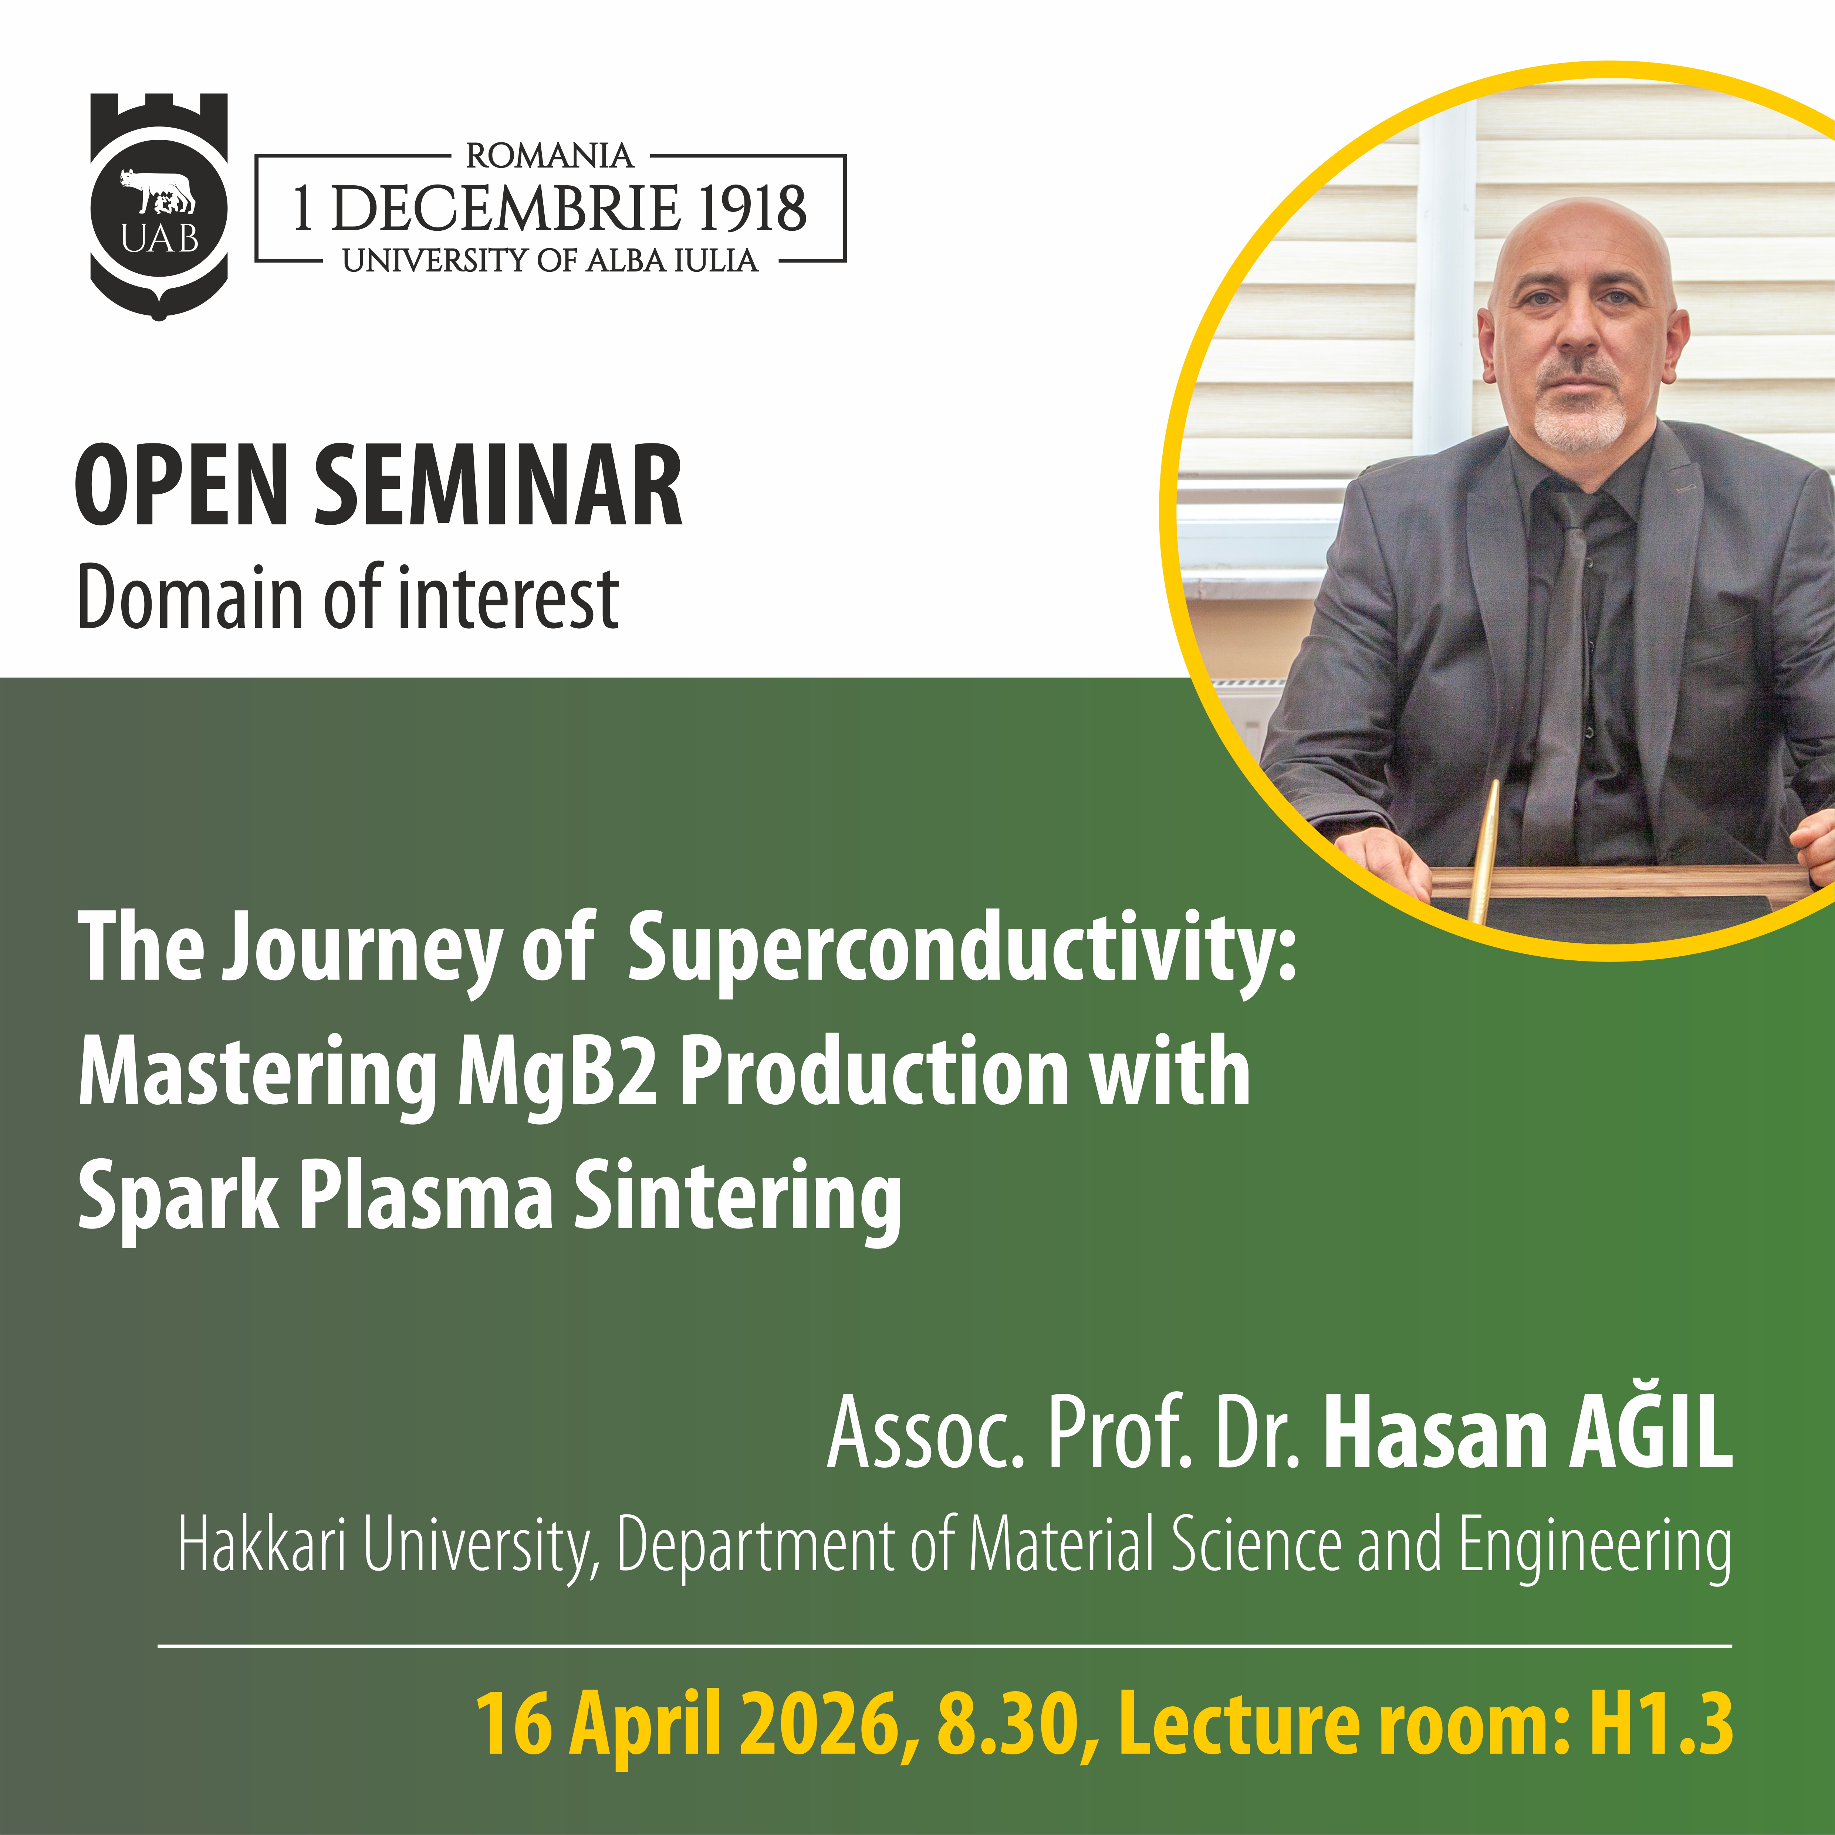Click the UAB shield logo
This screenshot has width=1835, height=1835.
coord(159,206)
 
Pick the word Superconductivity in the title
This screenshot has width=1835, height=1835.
coord(961,950)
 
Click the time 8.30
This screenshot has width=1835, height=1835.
coord(1009,1723)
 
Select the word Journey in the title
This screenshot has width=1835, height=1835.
coord(361,950)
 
